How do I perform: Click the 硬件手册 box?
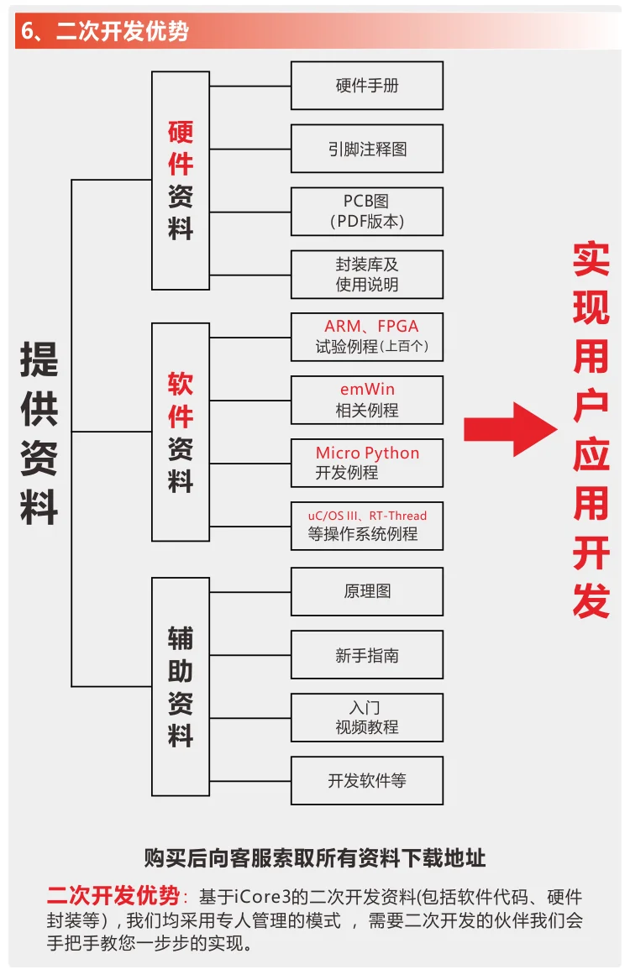(367, 86)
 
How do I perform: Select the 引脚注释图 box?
(367, 149)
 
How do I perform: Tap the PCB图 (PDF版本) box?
(367, 212)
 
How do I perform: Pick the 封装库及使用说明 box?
(367, 275)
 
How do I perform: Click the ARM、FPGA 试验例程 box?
(367, 337)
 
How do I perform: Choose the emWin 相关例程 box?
(367, 400)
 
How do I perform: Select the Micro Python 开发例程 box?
(367, 463)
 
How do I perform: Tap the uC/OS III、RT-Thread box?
(367, 526)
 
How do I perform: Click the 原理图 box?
(367, 591)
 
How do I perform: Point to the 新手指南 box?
(367, 655)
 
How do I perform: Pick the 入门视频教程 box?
(367, 718)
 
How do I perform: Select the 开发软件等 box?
(367, 781)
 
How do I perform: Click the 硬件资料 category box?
(181, 181)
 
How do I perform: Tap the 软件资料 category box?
(181, 432)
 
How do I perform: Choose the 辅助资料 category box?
(181, 686)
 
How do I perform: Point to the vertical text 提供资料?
(39, 432)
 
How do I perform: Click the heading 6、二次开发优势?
(105, 32)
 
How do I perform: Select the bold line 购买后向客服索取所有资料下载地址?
(315, 857)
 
